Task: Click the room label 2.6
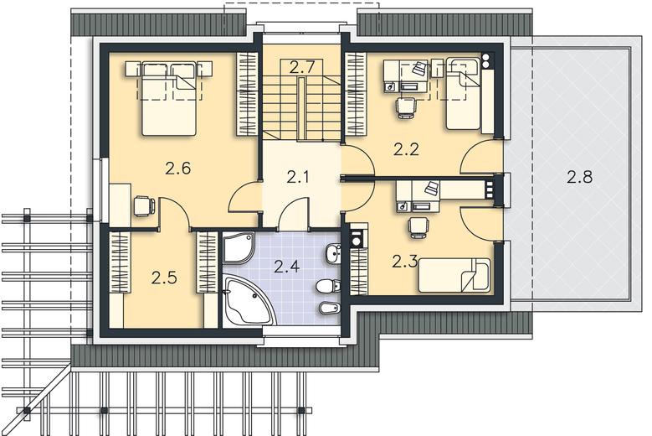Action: [x=177, y=169]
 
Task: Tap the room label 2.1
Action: [x=298, y=178]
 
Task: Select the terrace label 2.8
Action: [x=580, y=178]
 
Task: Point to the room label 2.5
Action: [x=164, y=278]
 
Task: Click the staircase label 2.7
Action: [x=301, y=67]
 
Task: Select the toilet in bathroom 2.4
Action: [x=329, y=286]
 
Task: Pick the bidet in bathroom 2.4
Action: [x=331, y=309]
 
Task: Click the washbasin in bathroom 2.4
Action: [x=333, y=253]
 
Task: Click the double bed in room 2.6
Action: [x=169, y=99]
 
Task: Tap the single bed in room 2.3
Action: [x=454, y=275]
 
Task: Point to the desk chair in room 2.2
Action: [x=406, y=107]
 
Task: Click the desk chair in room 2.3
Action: [x=418, y=228]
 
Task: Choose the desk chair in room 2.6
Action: [x=144, y=206]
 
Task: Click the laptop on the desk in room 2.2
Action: [x=420, y=68]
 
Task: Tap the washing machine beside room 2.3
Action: [x=357, y=241]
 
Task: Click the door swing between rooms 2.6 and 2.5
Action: [x=175, y=213]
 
